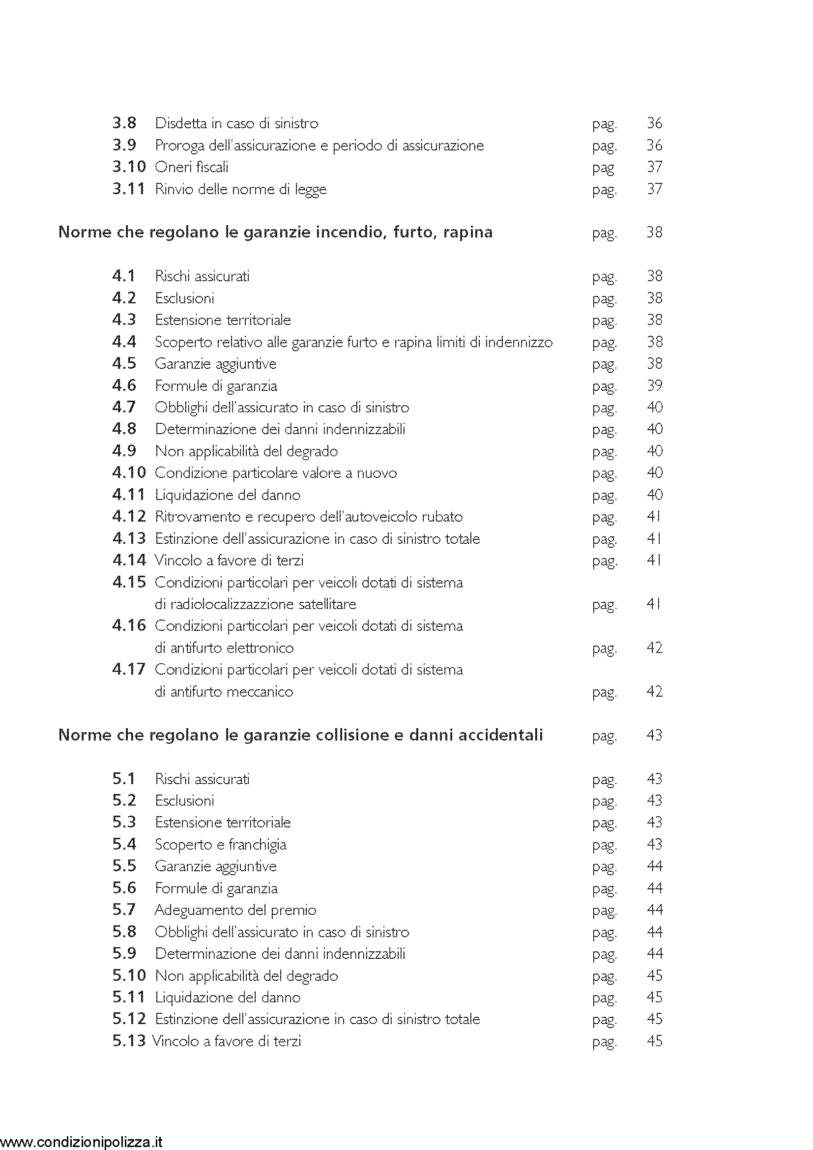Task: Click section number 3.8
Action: (x=124, y=123)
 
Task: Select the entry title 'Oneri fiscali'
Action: (x=192, y=167)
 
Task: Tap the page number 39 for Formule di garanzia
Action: (x=654, y=385)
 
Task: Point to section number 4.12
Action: (x=129, y=516)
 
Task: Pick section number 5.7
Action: (x=124, y=910)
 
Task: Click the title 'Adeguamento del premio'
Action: (x=235, y=910)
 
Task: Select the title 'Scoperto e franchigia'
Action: (x=220, y=844)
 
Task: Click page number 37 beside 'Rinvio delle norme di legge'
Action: (x=654, y=189)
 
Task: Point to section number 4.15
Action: (x=129, y=582)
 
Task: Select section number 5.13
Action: (x=129, y=1041)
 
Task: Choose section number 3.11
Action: (x=129, y=189)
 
